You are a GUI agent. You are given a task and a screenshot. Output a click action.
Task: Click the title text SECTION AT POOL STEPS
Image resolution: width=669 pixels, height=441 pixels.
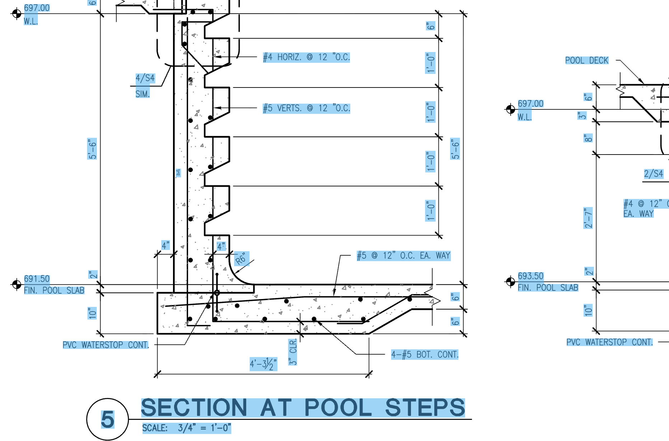(x=303, y=408)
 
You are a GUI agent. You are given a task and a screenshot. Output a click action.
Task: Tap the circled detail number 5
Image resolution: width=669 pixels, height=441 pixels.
(x=108, y=419)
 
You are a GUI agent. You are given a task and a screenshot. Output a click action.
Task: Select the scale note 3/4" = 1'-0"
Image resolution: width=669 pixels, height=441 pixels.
(x=205, y=428)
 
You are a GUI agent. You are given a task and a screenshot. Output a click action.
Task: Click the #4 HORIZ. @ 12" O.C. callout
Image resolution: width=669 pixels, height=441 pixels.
(x=306, y=57)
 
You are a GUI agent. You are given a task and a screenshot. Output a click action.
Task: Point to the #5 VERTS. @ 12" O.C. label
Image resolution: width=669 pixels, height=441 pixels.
(x=306, y=108)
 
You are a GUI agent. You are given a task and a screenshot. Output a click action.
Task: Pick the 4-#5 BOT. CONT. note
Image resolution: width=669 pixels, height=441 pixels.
(x=425, y=355)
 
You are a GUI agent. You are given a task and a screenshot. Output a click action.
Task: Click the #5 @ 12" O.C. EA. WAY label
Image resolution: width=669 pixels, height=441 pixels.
(x=403, y=256)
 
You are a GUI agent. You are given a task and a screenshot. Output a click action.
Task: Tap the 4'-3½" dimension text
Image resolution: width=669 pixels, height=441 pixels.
(x=263, y=364)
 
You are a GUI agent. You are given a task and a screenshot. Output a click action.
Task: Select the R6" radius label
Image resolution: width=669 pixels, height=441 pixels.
(x=241, y=259)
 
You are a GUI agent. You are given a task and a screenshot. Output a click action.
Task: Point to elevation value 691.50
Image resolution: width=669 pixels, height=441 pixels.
(x=37, y=279)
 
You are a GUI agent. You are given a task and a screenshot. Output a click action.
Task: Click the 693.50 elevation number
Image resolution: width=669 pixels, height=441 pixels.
(x=531, y=276)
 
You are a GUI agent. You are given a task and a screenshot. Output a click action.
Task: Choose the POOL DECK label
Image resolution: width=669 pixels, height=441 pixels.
(x=587, y=61)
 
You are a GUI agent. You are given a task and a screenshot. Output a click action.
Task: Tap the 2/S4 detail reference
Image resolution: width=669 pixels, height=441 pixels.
(x=653, y=174)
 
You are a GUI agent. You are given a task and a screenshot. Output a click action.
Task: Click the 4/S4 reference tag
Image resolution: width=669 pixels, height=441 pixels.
(x=145, y=78)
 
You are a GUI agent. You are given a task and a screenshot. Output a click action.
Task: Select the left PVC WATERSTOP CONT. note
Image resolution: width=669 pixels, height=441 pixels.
(x=106, y=345)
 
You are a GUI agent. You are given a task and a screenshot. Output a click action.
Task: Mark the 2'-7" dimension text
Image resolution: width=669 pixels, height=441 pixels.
(x=588, y=218)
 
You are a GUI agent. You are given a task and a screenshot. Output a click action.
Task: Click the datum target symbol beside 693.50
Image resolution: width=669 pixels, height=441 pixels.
(x=510, y=282)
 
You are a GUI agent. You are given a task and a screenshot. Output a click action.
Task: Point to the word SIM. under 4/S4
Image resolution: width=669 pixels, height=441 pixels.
(x=142, y=94)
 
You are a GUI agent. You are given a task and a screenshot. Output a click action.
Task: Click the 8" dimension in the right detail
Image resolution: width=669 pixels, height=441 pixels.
(x=588, y=138)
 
